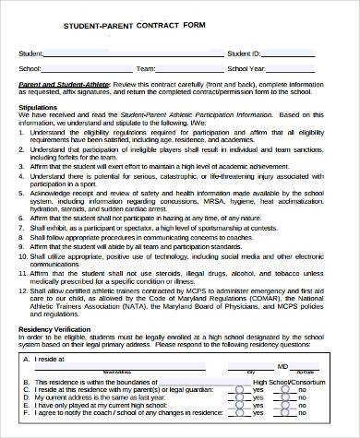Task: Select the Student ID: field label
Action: pos(245,53)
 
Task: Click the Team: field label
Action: pos(145,67)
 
